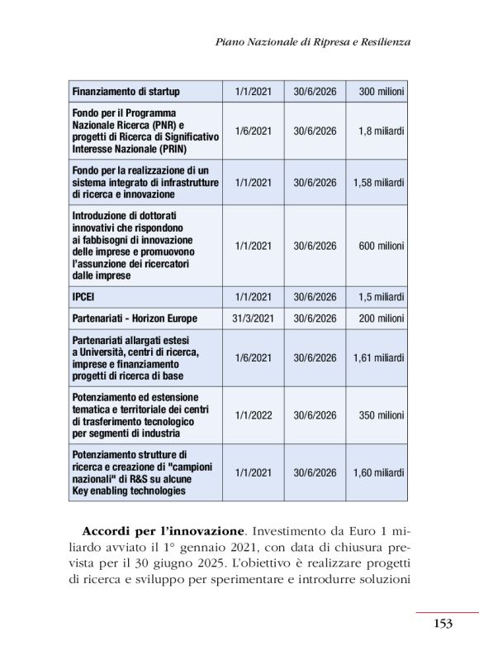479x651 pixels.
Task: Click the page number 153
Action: [443, 624]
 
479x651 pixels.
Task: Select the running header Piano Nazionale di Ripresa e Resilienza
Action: [312, 41]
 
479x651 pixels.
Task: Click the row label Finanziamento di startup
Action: [126, 92]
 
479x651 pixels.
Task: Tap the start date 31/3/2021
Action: [253, 318]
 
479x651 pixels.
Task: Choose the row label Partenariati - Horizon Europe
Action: [135, 318]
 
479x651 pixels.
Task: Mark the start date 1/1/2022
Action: [253, 415]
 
